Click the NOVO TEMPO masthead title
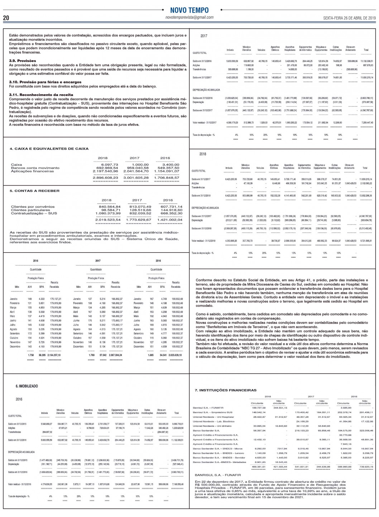coord(189,10)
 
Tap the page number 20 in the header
coord(6,18)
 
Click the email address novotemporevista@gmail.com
coord(189,17)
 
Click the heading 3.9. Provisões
coord(22,61)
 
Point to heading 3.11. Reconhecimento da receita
coord(41,95)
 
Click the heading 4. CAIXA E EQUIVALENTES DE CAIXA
coord(49,149)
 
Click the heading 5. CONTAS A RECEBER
coord(34,191)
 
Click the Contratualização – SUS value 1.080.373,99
coord(107,213)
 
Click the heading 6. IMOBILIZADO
coord(27,387)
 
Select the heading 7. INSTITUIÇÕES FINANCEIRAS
coord(225,390)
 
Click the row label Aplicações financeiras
coord(33,171)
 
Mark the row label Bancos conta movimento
coord(35,168)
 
